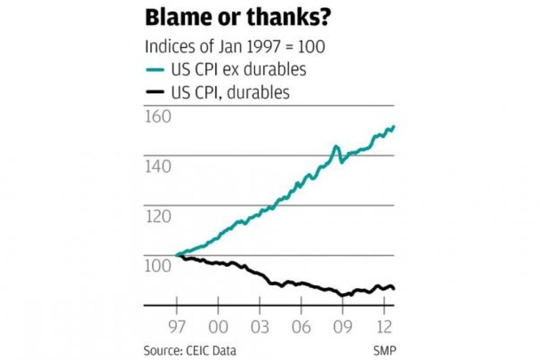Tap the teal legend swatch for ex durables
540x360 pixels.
pyautogui.click(x=155, y=70)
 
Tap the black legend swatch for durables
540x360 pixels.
pyautogui.click(x=155, y=93)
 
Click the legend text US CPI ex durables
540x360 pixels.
pyautogui.click(x=238, y=69)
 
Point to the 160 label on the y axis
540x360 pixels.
pyautogui.click(x=157, y=116)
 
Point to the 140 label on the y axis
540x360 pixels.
pyautogui.click(x=157, y=167)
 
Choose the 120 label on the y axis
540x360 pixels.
pyautogui.click(x=157, y=217)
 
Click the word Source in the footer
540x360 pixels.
pyautogui.click(x=160, y=350)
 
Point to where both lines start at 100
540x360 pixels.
pyautogui.click(x=177, y=255)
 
